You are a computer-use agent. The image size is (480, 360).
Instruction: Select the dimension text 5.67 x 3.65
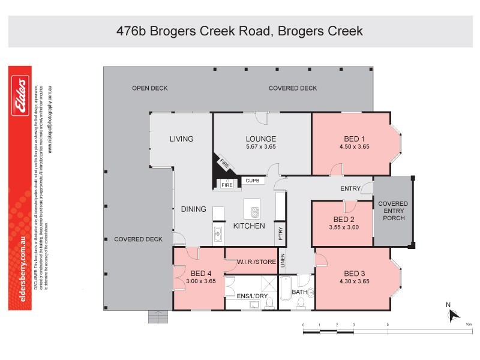click(260, 146)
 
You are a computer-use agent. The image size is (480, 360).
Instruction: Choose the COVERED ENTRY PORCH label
click(393, 211)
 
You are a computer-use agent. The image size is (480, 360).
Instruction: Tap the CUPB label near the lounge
click(251, 180)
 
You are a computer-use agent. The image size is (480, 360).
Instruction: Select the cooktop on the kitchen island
click(254, 212)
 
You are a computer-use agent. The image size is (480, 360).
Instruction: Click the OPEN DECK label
click(149, 88)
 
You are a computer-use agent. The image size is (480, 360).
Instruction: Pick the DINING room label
click(193, 209)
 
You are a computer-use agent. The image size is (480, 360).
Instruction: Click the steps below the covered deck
click(158, 316)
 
